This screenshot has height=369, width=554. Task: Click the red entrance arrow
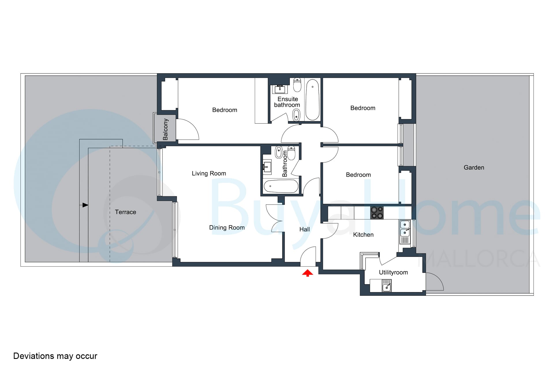pyautogui.click(x=308, y=273)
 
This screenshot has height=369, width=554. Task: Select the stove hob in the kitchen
pyautogui.click(x=377, y=213)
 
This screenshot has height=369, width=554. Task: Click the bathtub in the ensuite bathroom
pyautogui.click(x=312, y=99)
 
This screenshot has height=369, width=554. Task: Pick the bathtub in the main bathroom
pyautogui.click(x=281, y=186)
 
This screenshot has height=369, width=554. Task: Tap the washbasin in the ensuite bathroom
pyautogui.click(x=280, y=89)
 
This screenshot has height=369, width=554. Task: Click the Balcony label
pyautogui.click(x=165, y=129)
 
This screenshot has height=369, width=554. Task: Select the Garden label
pyautogui.click(x=474, y=167)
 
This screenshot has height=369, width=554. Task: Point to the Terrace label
pyautogui.click(x=126, y=212)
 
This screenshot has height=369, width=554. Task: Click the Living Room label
pyautogui.click(x=209, y=174)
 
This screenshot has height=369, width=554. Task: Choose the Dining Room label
pyautogui.click(x=227, y=228)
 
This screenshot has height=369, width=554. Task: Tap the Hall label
pyautogui.click(x=305, y=229)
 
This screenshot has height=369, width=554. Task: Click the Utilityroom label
pyautogui.click(x=393, y=272)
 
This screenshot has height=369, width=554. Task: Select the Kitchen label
pyautogui.click(x=363, y=235)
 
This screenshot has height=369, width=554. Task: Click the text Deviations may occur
pyautogui.click(x=55, y=356)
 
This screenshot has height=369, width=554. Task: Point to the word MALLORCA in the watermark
pyautogui.click(x=483, y=259)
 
